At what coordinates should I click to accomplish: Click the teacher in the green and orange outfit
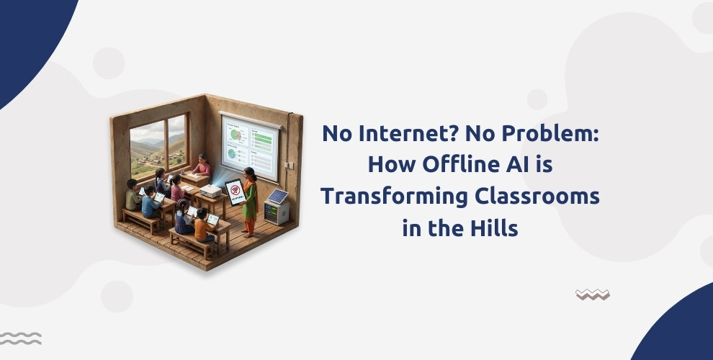[x=248, y=202]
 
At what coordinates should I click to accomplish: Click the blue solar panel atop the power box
[x=277, y=197]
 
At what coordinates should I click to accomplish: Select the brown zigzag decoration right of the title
[x=592, y=294]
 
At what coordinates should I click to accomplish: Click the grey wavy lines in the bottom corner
[x=20, y=338]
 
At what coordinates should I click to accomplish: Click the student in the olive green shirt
[x=133, y=196]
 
